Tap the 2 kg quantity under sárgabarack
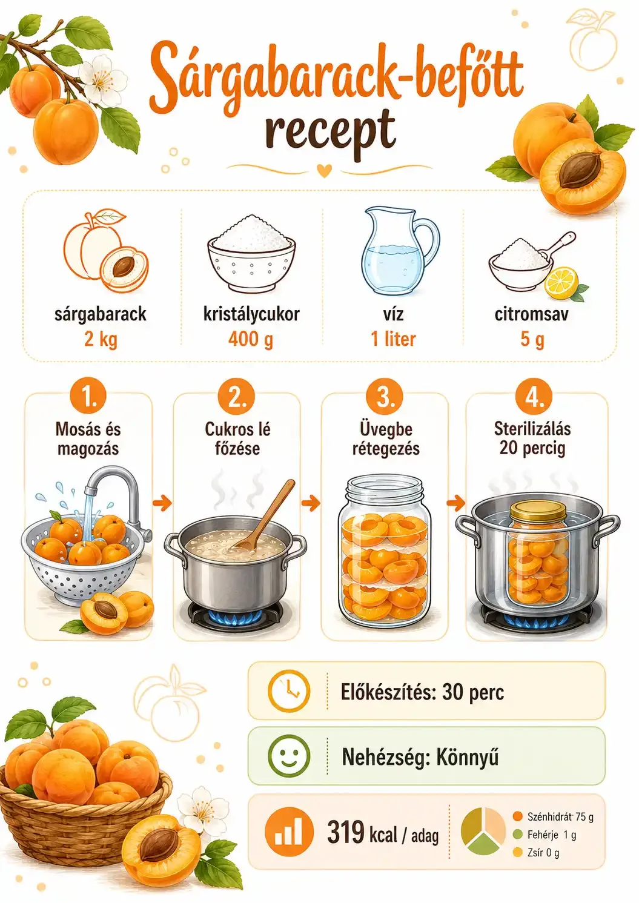coord(101,339)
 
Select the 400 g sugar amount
coord(250,339)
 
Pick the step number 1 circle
coord(88,397)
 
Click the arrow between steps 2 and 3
coord(311,503)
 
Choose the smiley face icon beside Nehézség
coord(289,758)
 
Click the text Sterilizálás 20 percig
coord(532,438)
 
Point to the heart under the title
coord(324,171)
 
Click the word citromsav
coord(532,314)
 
